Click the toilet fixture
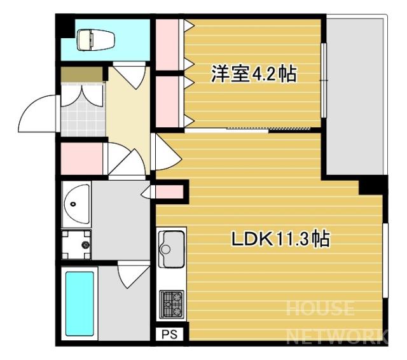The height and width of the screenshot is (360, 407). [x=95, y=40]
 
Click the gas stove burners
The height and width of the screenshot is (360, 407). [x=172, y=304]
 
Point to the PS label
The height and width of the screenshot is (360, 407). [x=170, y=335]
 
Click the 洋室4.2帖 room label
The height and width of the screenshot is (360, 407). [x=254, y=74]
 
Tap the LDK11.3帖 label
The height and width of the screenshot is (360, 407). [x=280, y=239]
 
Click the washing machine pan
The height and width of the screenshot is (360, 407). [x=76, y=244]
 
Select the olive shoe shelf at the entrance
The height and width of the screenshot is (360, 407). [x=81, y=74]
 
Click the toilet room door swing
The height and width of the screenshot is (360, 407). [x=129, y=75]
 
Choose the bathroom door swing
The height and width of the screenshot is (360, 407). [x=134, y=275]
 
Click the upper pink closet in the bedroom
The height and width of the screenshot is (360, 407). [x=168, y=45]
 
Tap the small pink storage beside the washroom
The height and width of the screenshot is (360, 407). [x=170, y=192]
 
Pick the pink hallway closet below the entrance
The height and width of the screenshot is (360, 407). [x=81, y=158]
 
